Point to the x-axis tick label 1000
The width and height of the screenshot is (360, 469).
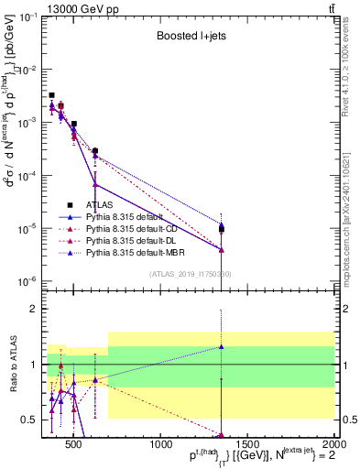pos(160,445)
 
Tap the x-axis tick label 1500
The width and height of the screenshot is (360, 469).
pos(247,445)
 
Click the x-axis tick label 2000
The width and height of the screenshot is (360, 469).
pos(333,445)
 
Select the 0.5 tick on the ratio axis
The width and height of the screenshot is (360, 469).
pos(34,420)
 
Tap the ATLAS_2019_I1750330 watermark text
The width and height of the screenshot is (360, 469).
pos(190,274)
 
